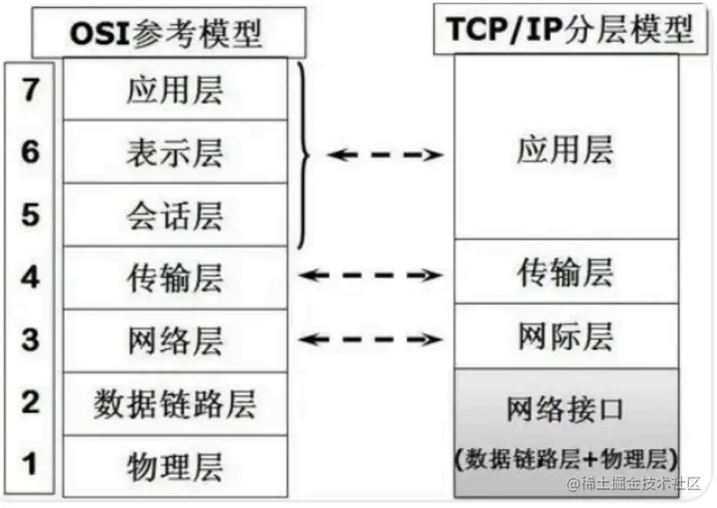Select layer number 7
[x=31, y=89]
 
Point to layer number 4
[x=31, y=277]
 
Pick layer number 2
[x=31, y=402]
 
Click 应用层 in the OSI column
[x=175, y=89]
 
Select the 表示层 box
[x=175, y=152]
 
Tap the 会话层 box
[x=175, y=214]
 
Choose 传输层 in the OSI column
[x=175, y=277]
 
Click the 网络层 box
[x=175, y=340]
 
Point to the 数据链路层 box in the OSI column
[x=175, y=403]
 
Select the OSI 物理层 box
[x=175, y=465]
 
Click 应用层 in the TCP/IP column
[x=565, y=149]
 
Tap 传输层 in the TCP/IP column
[x=565, y=272]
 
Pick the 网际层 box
[x=565, y=336]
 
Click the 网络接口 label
[x=565, y=409]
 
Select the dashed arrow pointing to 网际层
[x=371, y=338]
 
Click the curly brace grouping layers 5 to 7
[x=303, y=154]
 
